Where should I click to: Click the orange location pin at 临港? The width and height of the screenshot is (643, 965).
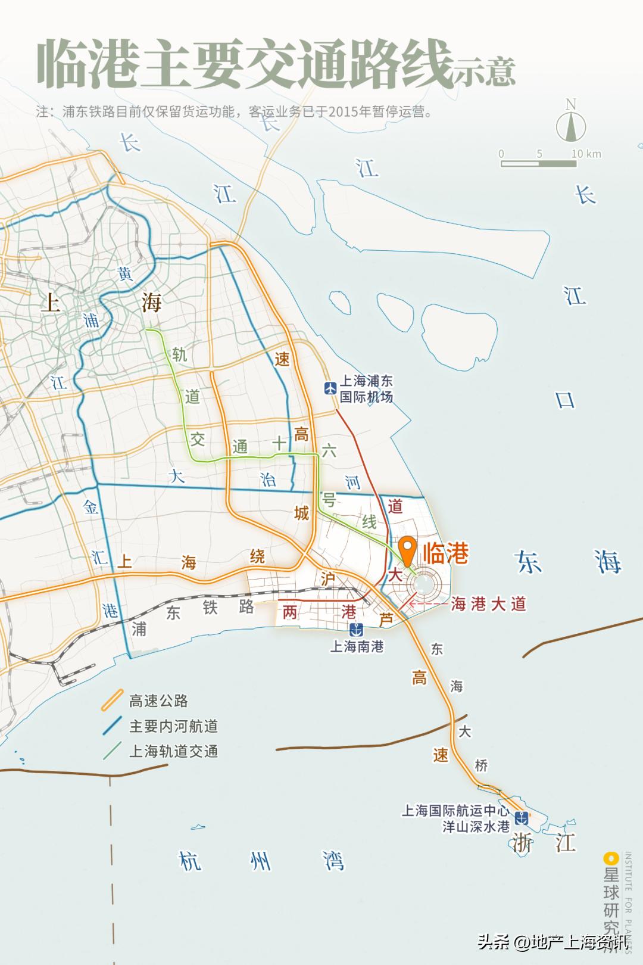coord(408,549)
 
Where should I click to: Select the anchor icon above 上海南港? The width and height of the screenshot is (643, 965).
coord(356,629)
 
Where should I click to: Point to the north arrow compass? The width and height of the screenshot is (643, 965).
coord(571,122)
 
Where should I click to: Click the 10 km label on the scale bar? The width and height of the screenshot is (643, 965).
coord(586,154)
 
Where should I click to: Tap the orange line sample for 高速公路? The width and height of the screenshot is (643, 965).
coord(112,701)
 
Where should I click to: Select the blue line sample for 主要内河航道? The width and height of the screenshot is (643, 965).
coord(112,726)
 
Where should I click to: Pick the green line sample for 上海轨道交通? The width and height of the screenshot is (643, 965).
coord(112,751)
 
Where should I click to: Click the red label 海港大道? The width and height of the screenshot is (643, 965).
coord(489,604)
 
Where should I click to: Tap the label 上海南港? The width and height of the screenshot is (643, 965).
coord(357,646)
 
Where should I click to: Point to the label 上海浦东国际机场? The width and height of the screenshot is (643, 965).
coord(366,388)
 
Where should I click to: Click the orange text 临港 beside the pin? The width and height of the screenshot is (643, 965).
coord(445,554)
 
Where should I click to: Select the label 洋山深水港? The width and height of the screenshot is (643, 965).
coord(476,827)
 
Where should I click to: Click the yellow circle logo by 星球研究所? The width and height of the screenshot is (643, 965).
coord(611,858)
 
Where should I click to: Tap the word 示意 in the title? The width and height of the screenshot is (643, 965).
coord(485,71)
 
